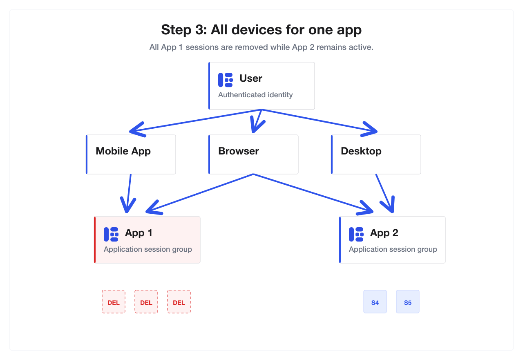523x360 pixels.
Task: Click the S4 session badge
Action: pos(375,302)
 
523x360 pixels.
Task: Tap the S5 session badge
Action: pos(407,302)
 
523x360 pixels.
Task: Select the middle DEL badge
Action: pos(146,302)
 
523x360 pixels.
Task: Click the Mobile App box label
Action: pos(123,151)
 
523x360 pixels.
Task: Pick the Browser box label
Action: pos(238,151)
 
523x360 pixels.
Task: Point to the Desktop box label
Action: pos(361,151)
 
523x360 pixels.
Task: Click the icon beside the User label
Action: pos(225,80)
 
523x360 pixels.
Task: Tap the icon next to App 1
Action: pos(111,234)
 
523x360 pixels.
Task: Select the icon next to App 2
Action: pos(356,234)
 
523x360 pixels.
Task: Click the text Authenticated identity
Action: pos(255,95)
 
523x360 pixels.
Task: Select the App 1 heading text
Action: pos(139,233)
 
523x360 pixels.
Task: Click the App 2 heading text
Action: pos(384,233)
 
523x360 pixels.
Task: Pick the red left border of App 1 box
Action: pos(95,240)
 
